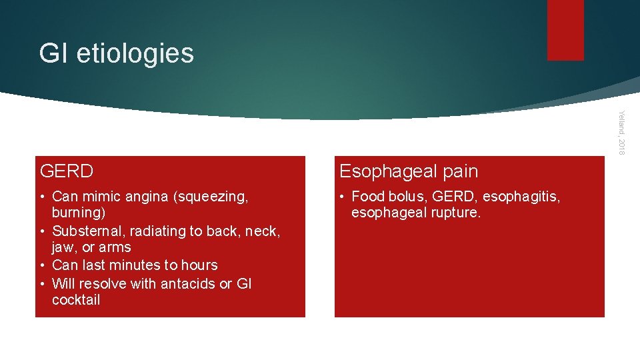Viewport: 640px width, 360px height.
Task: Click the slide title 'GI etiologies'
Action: (116, 53)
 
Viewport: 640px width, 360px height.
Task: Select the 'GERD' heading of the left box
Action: (67, 171)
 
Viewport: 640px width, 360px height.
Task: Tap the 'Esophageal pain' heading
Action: (409, 171)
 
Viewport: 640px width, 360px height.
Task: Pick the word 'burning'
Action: (77, 213)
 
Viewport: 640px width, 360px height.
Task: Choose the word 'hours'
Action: (197, 265)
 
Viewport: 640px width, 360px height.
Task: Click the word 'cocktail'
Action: (76, 300)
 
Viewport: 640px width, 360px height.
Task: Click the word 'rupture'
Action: (455, 213)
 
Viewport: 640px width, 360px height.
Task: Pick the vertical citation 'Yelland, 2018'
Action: (621, 133)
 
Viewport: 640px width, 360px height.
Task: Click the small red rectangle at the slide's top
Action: (565, 30)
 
